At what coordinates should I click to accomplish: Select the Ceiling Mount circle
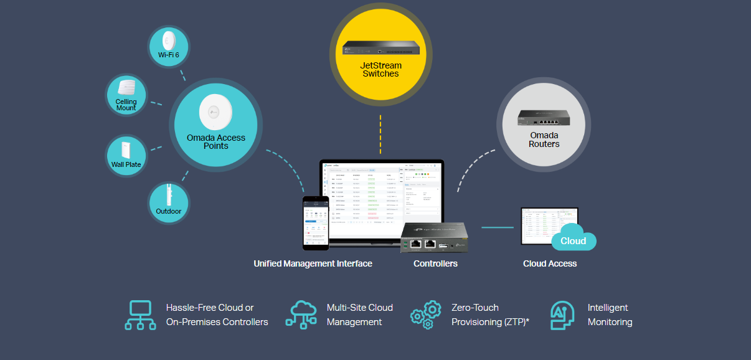[x=126, y=95]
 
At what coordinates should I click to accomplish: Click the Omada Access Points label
[x=216, y=141]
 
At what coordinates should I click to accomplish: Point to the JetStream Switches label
[x=380, y=69]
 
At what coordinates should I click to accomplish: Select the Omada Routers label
[x=544, y=140]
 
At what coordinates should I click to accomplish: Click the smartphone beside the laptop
[x=315, y=222]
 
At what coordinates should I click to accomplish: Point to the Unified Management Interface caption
[x=313, y=263]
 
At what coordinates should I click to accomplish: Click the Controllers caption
[x=435, y=263]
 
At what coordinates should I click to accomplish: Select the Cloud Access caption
[x=550, y=263]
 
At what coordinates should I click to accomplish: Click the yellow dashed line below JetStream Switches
[x=380, y=133]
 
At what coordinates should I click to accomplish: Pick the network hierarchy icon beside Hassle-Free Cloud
[x=140, y=315]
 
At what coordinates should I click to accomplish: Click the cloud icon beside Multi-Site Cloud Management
[x=301, y=315]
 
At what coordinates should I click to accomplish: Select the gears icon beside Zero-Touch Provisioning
[x=425, y=315]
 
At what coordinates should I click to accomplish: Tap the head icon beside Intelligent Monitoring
[x=562, y=315]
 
